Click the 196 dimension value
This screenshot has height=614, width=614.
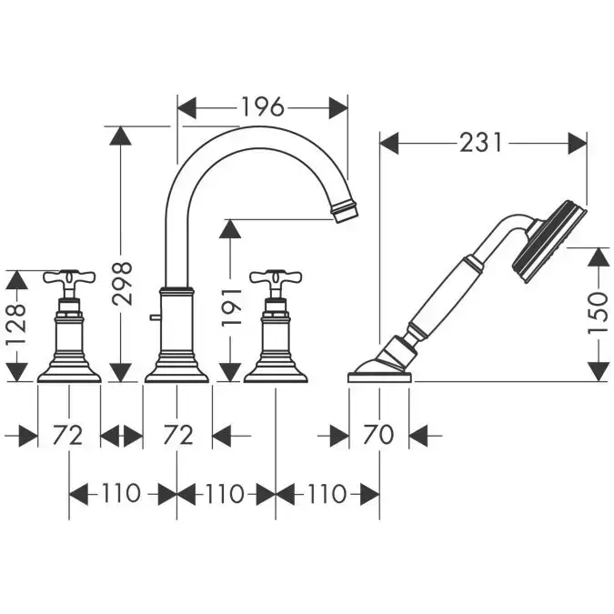(x=262, y=107)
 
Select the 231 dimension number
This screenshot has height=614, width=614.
(x=482, y=143)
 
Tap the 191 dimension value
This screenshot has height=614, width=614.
(x=232, y=307)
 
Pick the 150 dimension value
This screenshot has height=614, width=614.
(x=598, y=313)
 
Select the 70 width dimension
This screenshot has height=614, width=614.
(x=379, y=435)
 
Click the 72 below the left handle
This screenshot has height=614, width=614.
(x=69, y=435)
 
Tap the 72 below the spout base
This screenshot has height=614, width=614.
(x=177, y=435)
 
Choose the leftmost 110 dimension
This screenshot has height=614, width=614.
(x=123, y=494)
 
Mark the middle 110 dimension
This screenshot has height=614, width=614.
(x=226, y=494)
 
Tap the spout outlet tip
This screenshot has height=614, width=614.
(x=346, y=213)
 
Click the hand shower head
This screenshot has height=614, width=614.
(x=548, y=238)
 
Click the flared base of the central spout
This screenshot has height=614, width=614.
(x=177, y=368)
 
